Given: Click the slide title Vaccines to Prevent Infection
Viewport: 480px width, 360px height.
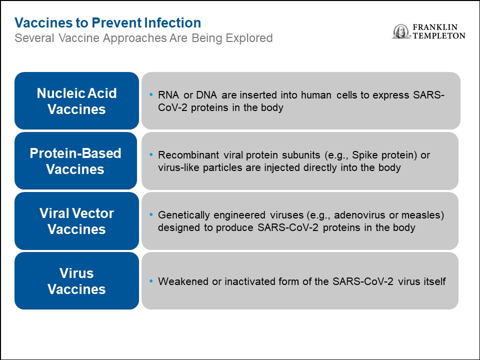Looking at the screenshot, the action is click(108, 23).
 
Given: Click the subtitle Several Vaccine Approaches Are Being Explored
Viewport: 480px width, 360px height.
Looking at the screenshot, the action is click(143, 38).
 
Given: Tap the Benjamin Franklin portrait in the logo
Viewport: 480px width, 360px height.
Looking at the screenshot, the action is click(400, 31).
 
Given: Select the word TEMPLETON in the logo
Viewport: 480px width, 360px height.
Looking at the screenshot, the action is click(439, 36).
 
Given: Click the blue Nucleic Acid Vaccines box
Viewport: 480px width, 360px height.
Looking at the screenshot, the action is click(76, 100).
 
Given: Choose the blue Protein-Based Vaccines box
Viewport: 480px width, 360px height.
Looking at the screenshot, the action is click(75, 160).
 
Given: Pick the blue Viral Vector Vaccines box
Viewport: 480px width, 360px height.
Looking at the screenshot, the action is click(76, 220).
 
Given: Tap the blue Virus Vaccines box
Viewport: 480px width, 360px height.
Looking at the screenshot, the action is click(76, 280).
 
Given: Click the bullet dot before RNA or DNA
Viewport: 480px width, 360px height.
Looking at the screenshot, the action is click(151, 95).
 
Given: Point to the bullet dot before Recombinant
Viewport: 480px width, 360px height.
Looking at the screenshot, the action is click(151, 155).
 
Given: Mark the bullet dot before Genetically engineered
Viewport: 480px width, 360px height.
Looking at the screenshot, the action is click(151, 215).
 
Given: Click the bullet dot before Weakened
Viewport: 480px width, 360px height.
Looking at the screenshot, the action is click(151, 281).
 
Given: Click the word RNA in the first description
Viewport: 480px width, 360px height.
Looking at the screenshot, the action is click(168, 95).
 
